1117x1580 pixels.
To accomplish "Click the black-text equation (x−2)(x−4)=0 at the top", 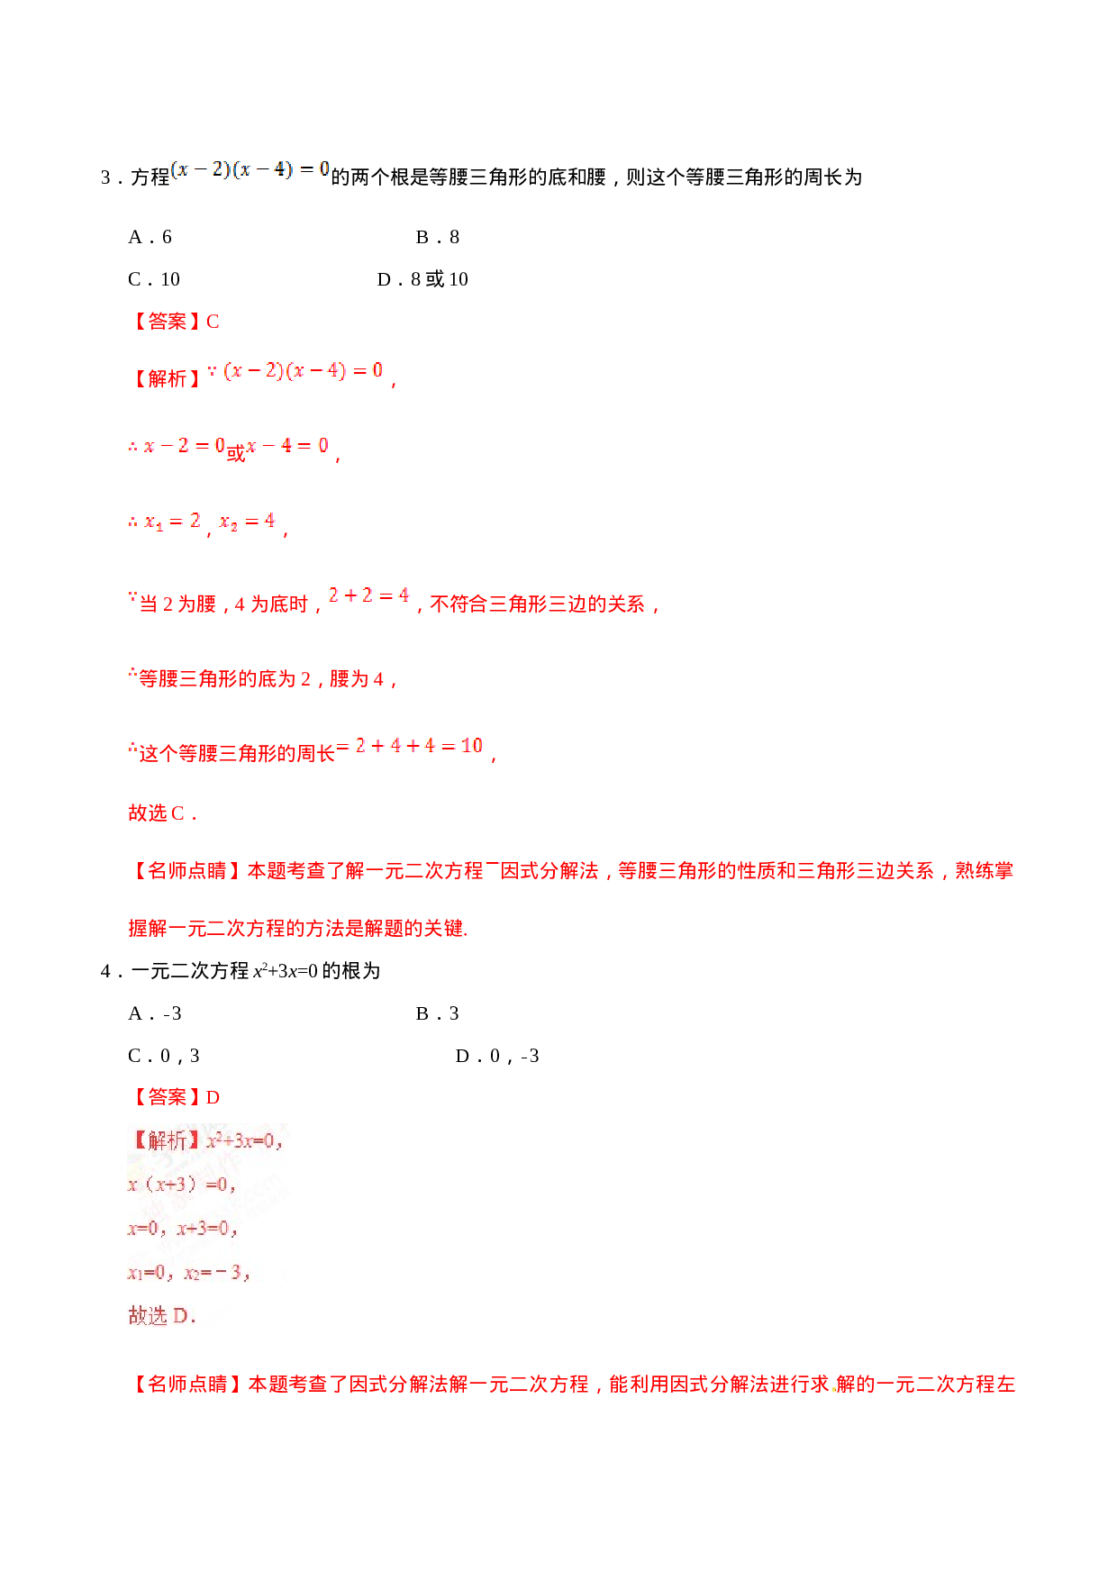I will (x=250, y=169).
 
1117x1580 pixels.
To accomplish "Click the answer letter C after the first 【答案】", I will (x=213, y=322).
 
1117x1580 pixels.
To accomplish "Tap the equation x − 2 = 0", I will (x=177, y=445).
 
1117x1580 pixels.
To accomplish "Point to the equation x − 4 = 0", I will (x=286, y=445).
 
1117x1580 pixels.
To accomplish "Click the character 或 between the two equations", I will (x=235, y=453).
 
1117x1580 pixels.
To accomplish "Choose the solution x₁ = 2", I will (x=164, y=521).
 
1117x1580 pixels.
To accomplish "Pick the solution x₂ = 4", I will (x=247, y=521).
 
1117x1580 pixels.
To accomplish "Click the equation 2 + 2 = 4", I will (x=368, y=595).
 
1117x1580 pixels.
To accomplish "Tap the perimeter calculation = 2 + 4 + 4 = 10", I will (x=410, y=746).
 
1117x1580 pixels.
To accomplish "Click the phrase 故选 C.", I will (x=160, y=813).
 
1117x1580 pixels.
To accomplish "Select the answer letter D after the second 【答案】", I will (x=213, y=1097).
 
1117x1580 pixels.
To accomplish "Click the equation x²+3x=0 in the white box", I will (x=243, y=1141).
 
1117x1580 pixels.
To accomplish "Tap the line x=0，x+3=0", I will (x=182, y=1229).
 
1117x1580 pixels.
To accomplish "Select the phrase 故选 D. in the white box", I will (x=161, y=1316).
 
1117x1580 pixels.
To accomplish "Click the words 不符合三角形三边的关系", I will (x=537, y=604).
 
